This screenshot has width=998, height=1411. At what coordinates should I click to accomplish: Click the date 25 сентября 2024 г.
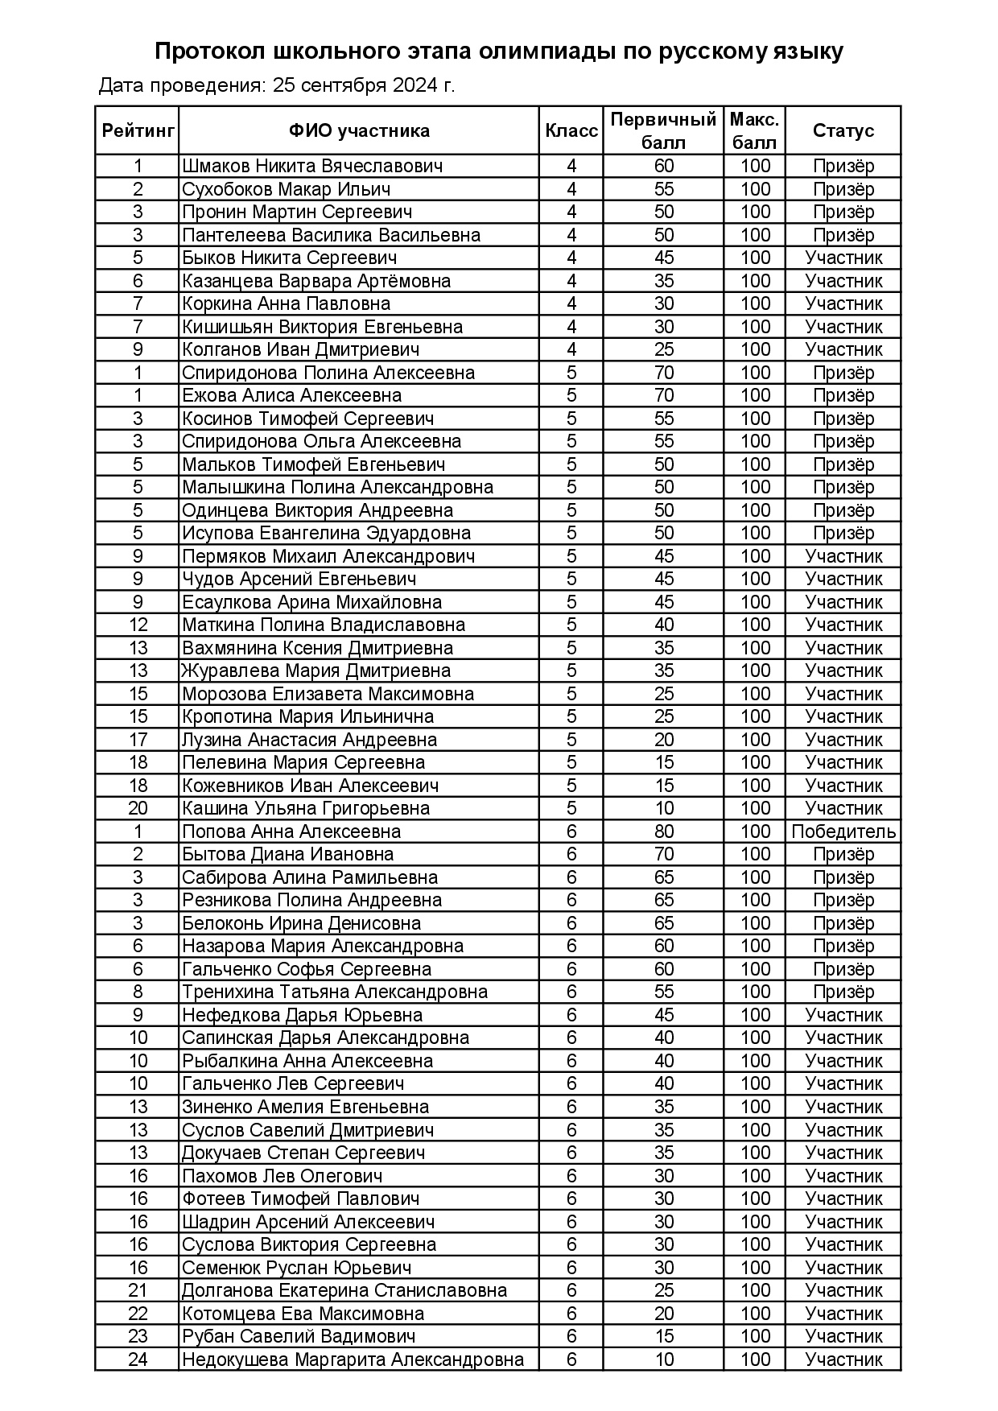364,85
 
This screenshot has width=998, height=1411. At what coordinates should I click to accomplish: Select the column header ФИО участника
359,130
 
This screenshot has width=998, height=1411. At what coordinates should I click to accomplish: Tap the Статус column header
843,130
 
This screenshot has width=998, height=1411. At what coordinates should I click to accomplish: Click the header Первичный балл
663,130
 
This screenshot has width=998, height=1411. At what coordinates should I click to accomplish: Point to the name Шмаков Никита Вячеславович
312,167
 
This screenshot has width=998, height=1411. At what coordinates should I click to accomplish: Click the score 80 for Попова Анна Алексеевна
664,831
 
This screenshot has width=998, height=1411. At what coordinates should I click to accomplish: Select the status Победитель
843,831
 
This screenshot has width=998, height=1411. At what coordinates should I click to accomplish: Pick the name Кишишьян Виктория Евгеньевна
322,327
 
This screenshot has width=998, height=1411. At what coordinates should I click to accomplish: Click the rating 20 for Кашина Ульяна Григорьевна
138,808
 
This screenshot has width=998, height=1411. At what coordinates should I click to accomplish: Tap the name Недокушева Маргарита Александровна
353,1359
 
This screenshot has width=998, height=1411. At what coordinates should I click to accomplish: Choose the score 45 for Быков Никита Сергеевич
664,258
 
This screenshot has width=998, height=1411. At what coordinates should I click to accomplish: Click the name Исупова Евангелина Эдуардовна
326,533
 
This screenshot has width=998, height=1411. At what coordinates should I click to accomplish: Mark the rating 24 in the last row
138,1359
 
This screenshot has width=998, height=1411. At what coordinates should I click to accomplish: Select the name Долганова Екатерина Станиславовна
344,1290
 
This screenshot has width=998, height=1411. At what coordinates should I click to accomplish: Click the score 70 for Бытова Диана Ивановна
664,854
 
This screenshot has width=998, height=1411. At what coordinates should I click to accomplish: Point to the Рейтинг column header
138,130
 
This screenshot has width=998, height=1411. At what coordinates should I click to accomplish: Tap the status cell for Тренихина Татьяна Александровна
843,992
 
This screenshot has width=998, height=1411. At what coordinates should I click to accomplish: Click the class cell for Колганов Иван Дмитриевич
571,349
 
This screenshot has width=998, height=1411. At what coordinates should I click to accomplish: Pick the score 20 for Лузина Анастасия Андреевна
664,740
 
